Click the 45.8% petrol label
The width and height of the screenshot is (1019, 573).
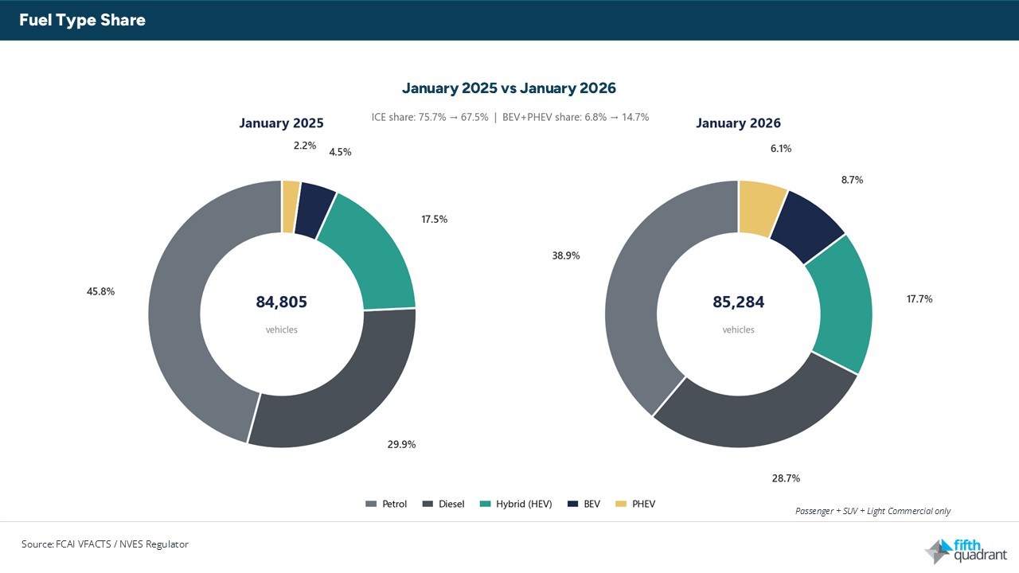[101, 291]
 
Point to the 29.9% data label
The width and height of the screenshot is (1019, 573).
[401, 444]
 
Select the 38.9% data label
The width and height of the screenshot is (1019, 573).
[566, 255]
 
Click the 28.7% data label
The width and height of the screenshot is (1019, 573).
[786, 478]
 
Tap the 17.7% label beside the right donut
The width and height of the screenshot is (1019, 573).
[919, 298]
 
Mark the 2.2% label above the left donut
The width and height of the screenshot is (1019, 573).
[305, 146]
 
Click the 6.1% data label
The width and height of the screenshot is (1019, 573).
[780, 148]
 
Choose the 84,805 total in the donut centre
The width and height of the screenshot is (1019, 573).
[281, 302]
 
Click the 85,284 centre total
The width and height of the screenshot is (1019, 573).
[738, 302]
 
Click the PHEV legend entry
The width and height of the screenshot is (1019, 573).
[637, 504]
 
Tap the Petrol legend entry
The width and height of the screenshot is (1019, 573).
[387, 504]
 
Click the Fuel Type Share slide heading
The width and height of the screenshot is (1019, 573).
[82, 21]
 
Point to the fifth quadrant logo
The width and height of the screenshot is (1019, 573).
[966, 550]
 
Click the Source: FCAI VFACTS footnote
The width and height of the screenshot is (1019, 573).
[105, 544]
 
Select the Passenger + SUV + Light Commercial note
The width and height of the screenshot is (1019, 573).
[873, 511]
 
